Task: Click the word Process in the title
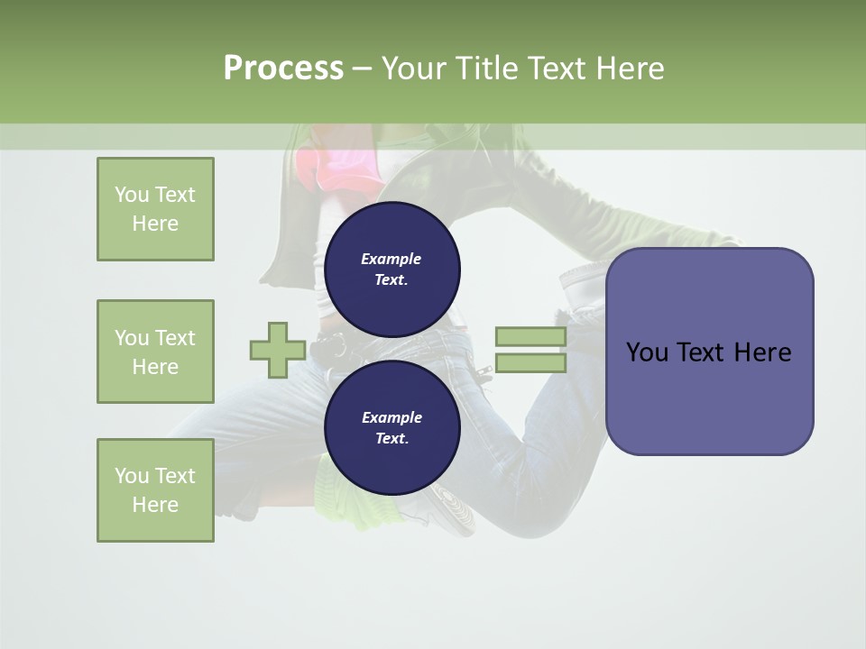click(x=283, y=68)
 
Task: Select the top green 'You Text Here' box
click(x=155, y=209)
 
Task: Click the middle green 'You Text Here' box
click(x=155, y=352)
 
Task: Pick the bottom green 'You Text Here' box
click(x=155, y=490)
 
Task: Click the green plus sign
click(x=277, y=350)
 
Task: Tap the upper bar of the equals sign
click(x=530, y=337)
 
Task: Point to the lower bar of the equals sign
click(x=530, y=363)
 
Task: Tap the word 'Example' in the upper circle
click(x=391, y=259)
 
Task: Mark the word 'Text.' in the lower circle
click(x=392, y=439)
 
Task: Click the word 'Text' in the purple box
click(x=705, y=352)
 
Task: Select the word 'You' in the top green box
click(x=132, y=195)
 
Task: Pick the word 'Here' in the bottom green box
click(x=155, y=505)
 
